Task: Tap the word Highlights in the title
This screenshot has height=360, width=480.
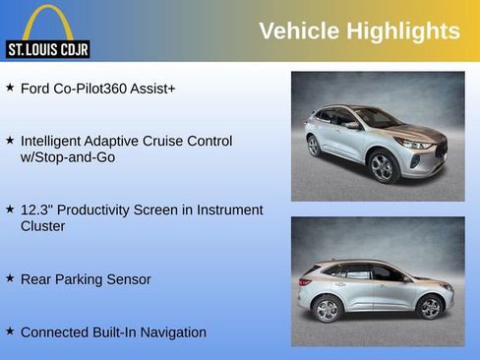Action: pyautogui.click(x=403, y=31)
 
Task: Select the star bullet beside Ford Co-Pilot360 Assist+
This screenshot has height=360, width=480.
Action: pyautogui.click(x=10, y=88)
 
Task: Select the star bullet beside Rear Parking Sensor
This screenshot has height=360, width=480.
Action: pyautogui.click(x=10, y=278)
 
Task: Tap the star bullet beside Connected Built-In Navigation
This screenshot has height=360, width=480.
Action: pyautogui.click(x=10, y=331)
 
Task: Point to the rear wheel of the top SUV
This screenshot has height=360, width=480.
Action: pyautogui.click(x=314, y=146)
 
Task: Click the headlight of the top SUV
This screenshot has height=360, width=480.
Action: pyautogui.click(x=418, y=144)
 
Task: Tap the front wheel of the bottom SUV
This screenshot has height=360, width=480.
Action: pyautogui.click(x=430, y=307)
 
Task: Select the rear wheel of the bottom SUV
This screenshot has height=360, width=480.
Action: pyautogui.click(x=328, y=310)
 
